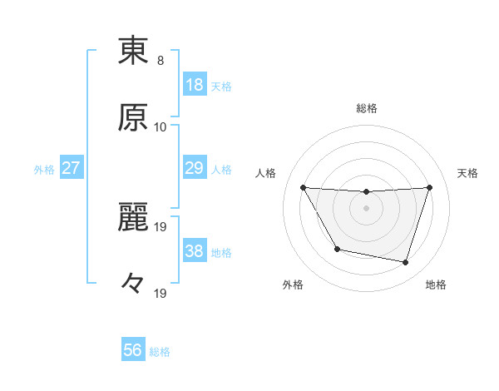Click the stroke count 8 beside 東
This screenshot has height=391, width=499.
(x=161, y=61)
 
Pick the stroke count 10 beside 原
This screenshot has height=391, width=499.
(x=161, y=127)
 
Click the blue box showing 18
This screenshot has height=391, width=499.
(x=195, y=84)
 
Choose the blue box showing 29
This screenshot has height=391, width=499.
(x=195, y=168)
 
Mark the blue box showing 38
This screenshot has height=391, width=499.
(x=195, y=250)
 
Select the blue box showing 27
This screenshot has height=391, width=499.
(x=72, y=168)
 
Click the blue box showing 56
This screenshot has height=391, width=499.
(x=133, y=350)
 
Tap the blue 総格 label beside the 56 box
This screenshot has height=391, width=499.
(x=160, y=352)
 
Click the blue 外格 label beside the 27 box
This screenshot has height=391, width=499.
(x=44, y=169)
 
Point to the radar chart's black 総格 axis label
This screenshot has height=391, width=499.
(x=367, y=108)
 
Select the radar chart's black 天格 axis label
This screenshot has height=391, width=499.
(x=467, y=173)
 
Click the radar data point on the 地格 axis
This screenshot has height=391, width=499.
(x=405, y=263)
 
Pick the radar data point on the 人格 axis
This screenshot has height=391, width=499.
(x=303, y=187)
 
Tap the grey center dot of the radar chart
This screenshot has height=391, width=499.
(x=367, y=208)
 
